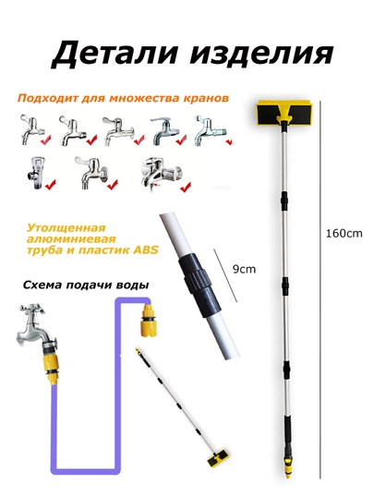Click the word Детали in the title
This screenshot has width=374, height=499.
pyautogui.click(x=114, y=54)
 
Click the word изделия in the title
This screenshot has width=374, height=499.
pyautogui.click(x=261, y=54)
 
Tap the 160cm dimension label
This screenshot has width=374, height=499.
pyautogui.click(x=344, y=233)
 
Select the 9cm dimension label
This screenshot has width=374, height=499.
pyautogui.click(x=244, y=269)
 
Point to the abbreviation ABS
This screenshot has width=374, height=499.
pyautogui.click(x=145, y=249)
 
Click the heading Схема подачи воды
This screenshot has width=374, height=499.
pyautogui.click(x=86, y=285)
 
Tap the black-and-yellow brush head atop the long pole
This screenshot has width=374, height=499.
pyautogui.click(x=284, y=113)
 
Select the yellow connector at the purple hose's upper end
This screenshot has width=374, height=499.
pyautogui.click(x=148, y=318)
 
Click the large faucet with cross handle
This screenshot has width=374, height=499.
pyautogui.click(x=37, y=328)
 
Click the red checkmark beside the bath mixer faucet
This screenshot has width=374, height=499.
pyautogui.click(x=186, y=187)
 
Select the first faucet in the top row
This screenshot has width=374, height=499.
pyautogui.click(x=30, y=129)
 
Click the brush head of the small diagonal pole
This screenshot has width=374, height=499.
pyautogui.click(x=218, y=458)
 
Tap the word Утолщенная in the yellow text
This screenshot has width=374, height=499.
pyautogui.click(x=66, y=228)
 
